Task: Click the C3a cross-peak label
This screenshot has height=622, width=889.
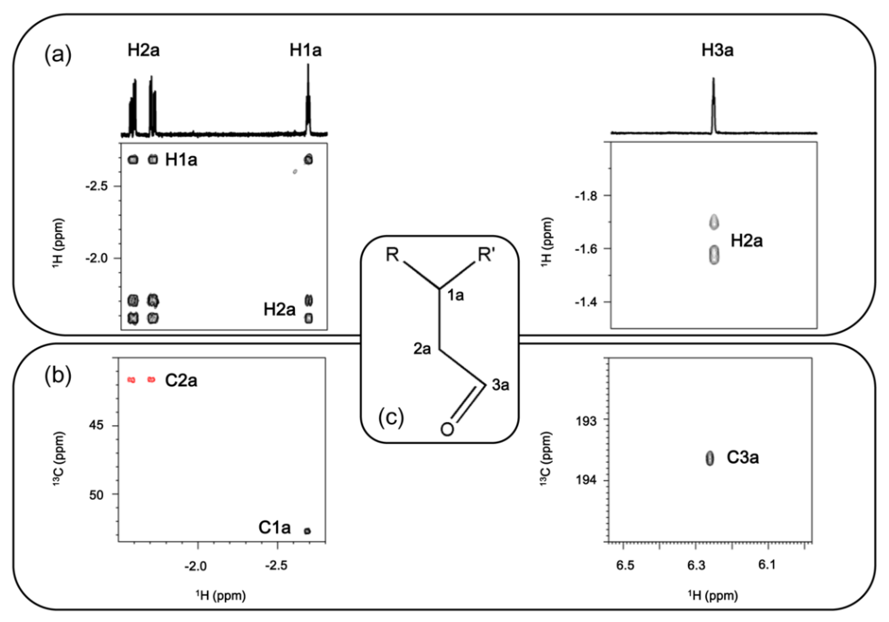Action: point(742,458)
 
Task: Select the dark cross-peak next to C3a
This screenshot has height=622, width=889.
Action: point(709,458)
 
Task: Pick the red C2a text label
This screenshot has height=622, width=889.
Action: point(181,381)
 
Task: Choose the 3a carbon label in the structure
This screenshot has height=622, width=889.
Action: point(500,385)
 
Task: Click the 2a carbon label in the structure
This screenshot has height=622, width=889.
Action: point(422,349)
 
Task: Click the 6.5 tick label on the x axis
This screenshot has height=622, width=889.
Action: point(625,565)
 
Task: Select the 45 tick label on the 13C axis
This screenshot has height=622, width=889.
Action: point(96,426)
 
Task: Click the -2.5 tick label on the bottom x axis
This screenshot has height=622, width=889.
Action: point(276,566)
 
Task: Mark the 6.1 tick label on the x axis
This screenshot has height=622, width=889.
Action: point(767,565)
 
